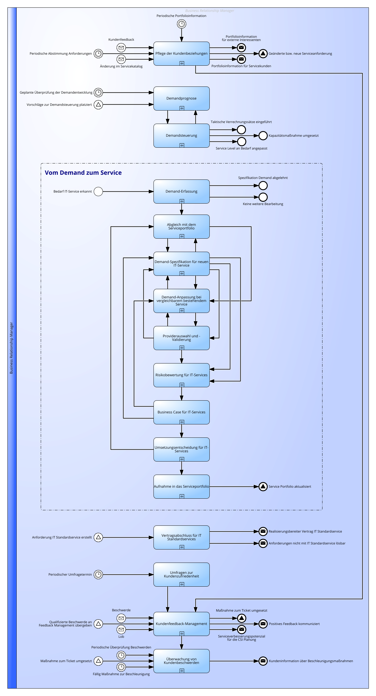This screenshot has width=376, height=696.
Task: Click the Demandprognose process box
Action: (181, 98)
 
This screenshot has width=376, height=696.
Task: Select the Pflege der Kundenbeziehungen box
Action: (181, 53)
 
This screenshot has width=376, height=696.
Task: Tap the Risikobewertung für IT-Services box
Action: (181, 375)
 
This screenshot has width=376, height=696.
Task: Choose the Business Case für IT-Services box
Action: (181, 412)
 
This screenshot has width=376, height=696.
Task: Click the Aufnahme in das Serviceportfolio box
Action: (181, 486)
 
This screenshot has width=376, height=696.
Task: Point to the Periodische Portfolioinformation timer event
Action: (181, 24)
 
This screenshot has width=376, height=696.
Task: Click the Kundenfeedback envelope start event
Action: (121, 48)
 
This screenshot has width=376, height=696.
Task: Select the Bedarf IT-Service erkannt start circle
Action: (98, 191)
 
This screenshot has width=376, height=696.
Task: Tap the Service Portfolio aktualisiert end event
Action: (263, 486)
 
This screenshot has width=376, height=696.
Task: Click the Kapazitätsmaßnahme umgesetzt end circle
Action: (263, 136)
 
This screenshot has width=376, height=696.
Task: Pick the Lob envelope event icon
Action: (121, 629)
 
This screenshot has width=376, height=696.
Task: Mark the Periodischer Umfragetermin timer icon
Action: (98, 574)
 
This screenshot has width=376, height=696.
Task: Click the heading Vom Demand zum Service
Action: (83, 173)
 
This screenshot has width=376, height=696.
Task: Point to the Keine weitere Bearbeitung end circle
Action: (263, 197)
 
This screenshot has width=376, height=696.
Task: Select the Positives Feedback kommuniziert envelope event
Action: (263, 624)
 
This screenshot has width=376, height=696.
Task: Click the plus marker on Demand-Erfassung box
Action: (182, 201)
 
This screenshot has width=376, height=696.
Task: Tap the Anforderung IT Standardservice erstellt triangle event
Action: (98, 537)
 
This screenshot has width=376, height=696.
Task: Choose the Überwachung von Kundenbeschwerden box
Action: (181, 661)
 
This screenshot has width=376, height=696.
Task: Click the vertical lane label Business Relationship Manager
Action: (11, 348)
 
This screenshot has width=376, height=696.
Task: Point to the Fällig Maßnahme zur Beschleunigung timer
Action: (121, 667)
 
